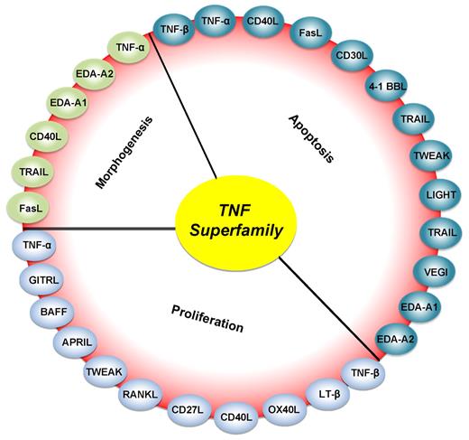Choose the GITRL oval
coord(47,280)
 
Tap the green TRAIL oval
coord(32,171)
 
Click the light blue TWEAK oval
coord(108,371)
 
